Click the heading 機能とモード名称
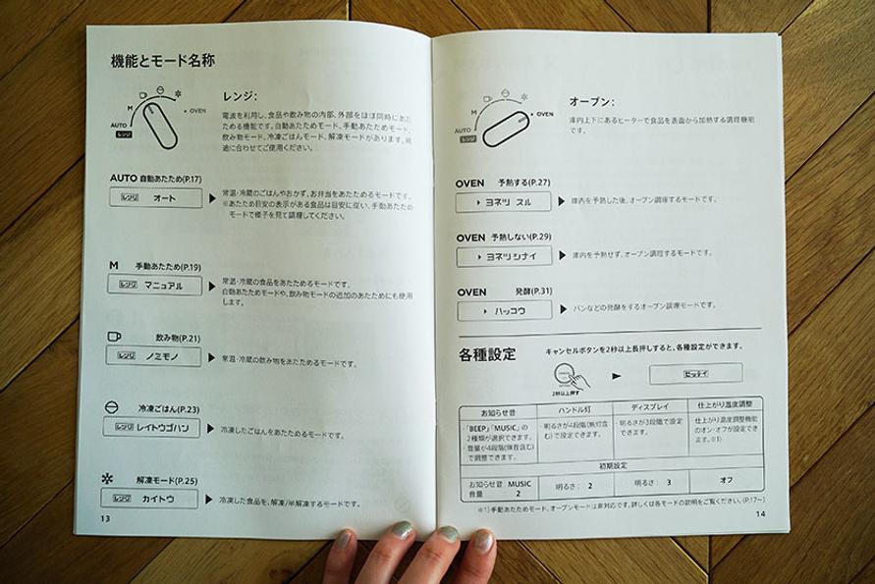tap(163, 61)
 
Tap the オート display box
tap(155, 198)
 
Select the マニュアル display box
tap(155, 286)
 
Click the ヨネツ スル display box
tap(504, 202)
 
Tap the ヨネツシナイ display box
tap(504, 256)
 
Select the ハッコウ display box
tap(503, 310)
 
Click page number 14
tap(760, 513)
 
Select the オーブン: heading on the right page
tap(592, 101)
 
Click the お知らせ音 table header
tap(507, 409)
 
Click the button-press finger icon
tap(569, 377)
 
